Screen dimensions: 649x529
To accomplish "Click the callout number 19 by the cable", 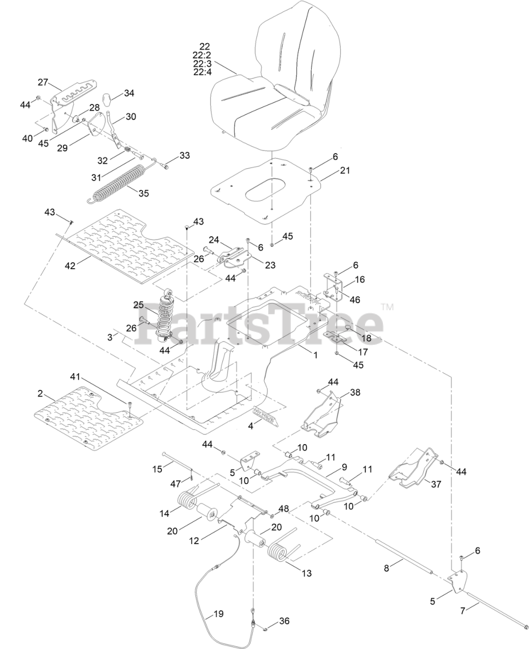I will point(218,614).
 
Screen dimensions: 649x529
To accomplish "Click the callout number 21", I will point(345,171).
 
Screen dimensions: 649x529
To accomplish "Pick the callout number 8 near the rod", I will point(386,568).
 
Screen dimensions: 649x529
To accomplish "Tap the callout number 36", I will point(284,621).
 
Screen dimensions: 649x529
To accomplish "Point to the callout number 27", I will point(42,82).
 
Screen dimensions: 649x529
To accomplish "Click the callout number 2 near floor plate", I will point(40,393).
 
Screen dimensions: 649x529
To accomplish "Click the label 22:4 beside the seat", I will point(202,72).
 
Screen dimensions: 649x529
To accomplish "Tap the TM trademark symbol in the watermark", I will point(387,307).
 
